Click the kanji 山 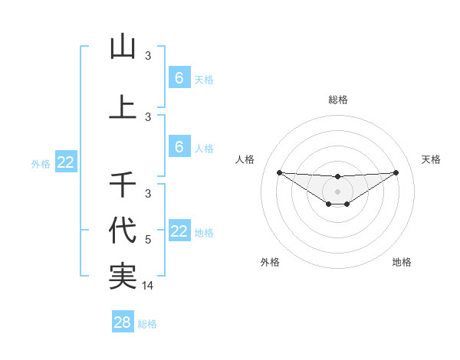(x=123, y=47)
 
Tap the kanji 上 (x=123, y=107)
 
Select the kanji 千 (x=123, y=184)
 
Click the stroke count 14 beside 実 (x=149, y=286)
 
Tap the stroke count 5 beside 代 (x=149, y=240)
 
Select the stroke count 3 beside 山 (x=149, y=56)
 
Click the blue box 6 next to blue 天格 (x=179, y=78)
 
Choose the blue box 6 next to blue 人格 (x=179, y=147)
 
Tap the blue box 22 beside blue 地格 (x=179, y=231)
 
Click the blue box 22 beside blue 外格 (x=65, y=162)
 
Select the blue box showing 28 (x=123, y=322)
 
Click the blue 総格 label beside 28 (x=147, y=324)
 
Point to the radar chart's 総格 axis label (x=337, y=100)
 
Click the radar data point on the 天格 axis (x=396, y=172)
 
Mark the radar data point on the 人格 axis (x=279, y=172)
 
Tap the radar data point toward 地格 (x=347, y=204)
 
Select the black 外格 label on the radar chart (x=270, y=262)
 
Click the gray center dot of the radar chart (x=337, y=191)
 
